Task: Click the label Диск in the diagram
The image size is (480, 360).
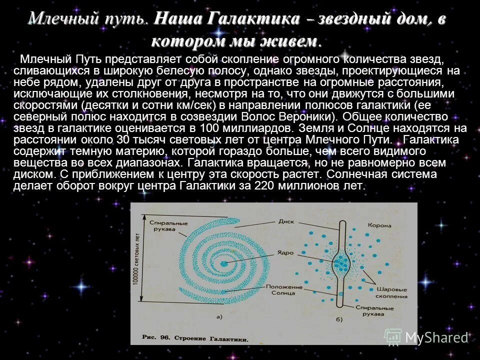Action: pos(285,220)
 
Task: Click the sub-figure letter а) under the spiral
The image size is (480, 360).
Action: pos(218,316)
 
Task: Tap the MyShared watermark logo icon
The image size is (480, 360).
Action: pos(393,337)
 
